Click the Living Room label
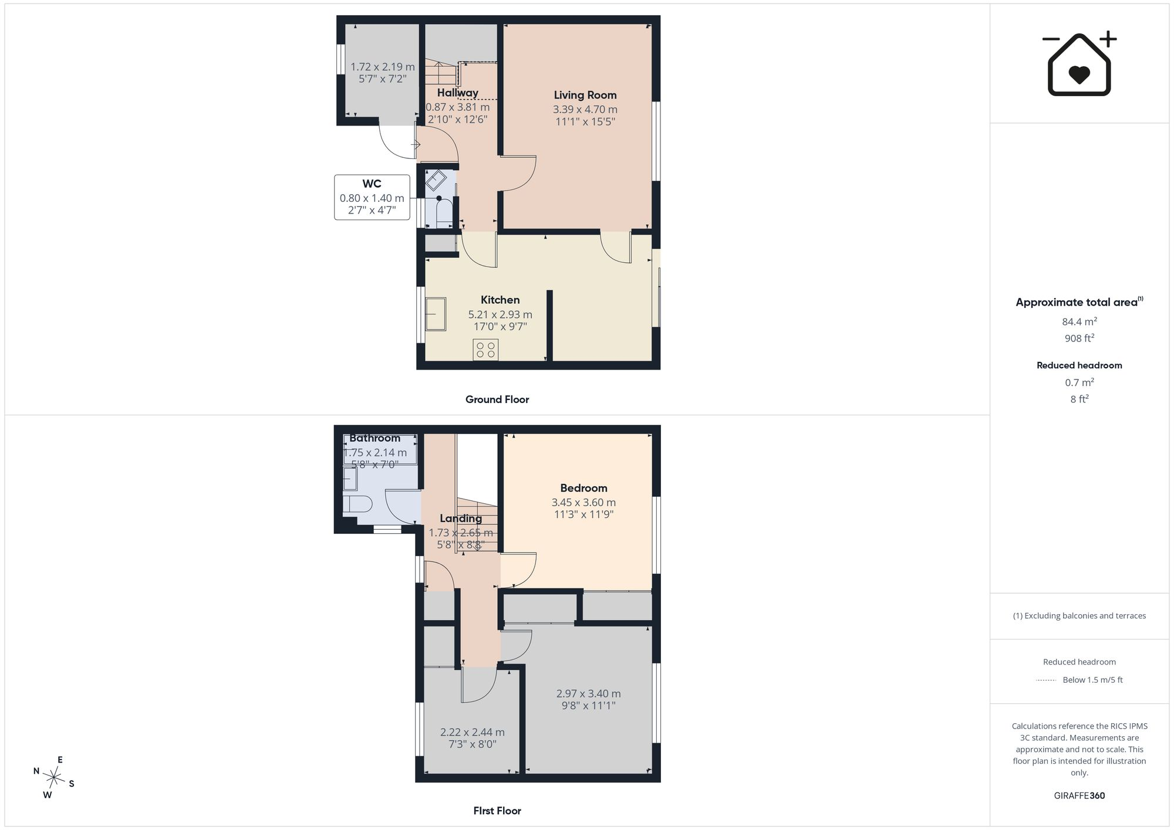[585, 95]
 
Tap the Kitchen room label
[500, 300]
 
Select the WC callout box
[372, 197]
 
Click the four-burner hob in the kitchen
[485, 350]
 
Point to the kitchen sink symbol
[436, 314]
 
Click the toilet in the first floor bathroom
[357, 504]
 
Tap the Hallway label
[457, 93]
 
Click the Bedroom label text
[583, 488]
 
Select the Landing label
[461, 519]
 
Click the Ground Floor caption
[497, 399]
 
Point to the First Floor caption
[497, 811]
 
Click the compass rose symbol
[54, 778]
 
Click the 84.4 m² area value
[1079, 321]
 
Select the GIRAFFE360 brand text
[1079, 796]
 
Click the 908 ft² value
[1079, 338]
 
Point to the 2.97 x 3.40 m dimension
[588, 693]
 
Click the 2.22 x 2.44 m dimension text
[473, 732]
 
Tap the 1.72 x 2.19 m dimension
[383, 67]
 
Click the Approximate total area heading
[1079, 302]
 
